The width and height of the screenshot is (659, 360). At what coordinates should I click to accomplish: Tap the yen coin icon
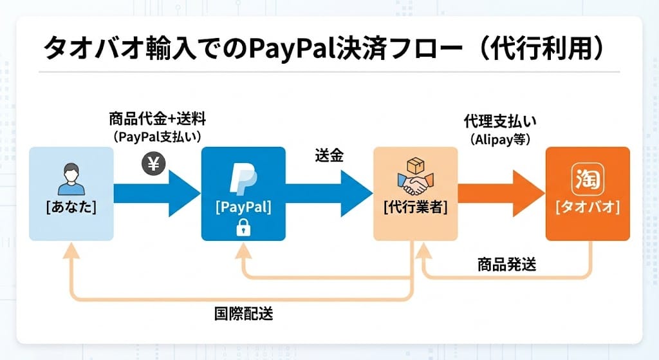[154, 164]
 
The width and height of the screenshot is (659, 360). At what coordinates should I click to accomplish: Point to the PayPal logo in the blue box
[243, 177]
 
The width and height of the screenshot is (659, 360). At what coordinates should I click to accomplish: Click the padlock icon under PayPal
[243, 226]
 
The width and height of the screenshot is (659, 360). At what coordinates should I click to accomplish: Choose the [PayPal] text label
[243, 207]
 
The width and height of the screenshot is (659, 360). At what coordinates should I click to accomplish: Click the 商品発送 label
[506, 264]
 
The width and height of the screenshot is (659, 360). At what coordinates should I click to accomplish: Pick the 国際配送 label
[243, 314]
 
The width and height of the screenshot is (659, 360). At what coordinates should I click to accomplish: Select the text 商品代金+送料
[157, 120]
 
